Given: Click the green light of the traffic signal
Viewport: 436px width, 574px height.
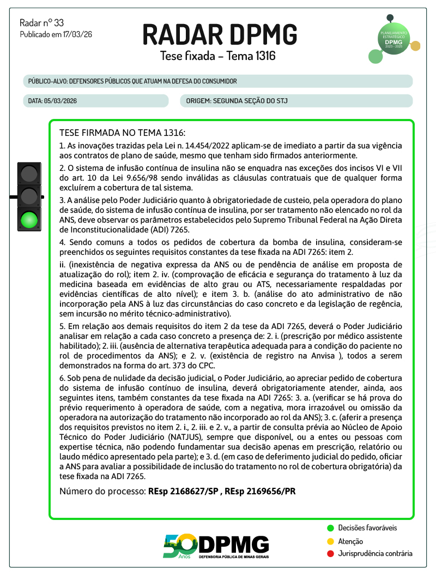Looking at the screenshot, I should point(29,220).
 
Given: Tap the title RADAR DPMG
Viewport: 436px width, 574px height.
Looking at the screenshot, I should point(220,34).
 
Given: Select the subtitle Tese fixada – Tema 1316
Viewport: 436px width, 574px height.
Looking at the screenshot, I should point(217,56).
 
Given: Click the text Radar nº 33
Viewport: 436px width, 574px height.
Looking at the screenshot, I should point(41,23).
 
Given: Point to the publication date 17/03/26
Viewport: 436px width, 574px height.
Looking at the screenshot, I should point(78,34).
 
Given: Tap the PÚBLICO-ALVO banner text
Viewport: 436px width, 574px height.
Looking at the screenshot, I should point(132,81).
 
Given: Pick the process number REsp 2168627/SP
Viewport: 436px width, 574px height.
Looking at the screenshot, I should point(183,491).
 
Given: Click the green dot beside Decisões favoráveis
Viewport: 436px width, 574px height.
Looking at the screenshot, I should point(330,528).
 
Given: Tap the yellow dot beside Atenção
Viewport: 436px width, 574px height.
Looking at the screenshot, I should point(330,541).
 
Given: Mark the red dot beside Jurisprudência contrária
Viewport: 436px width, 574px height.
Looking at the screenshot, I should point(330,554).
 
